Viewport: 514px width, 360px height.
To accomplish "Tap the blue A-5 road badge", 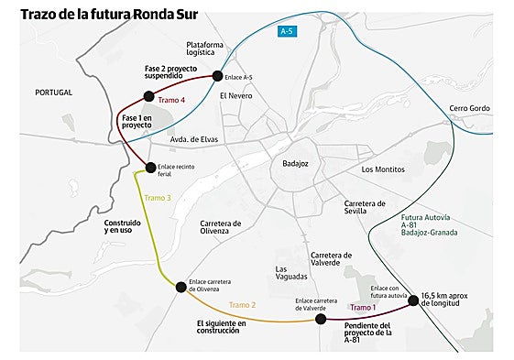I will [288, 32].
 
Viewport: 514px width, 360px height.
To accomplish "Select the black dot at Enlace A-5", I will [217, 76].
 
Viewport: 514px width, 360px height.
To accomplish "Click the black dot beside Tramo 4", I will [148, 97].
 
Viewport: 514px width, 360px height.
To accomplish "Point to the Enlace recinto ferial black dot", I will [151, 167].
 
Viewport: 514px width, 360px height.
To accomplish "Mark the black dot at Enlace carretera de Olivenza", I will [180, 288].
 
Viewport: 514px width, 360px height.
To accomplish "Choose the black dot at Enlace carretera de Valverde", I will [321, 319].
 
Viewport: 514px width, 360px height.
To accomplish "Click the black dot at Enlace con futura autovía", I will [413, 298].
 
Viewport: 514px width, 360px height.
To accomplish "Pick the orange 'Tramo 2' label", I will [242, 304].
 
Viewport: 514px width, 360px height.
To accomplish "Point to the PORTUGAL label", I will [53, 93].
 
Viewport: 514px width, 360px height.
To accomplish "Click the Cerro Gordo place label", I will [469, 108].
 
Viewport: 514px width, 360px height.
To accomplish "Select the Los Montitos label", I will [384, 169].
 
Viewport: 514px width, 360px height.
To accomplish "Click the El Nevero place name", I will [235, 94].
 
